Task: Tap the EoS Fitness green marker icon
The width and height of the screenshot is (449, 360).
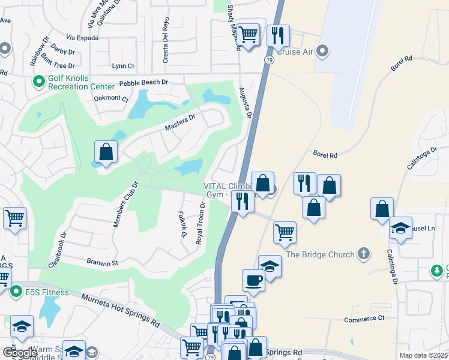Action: coord(16,292)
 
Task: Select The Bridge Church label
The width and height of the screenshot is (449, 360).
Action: coord(320,254)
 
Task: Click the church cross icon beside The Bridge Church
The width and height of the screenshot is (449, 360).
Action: coord(363,254)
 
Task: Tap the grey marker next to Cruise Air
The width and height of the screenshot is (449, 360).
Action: coord(322,52)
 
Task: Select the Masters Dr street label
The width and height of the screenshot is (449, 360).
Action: coord(180,123)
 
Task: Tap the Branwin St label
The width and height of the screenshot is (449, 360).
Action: coord(103,262)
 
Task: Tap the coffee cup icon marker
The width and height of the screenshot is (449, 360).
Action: coord(253,279)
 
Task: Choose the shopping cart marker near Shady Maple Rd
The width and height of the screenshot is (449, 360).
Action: coord(247,34)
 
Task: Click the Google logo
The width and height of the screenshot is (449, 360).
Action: coord(20,353)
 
